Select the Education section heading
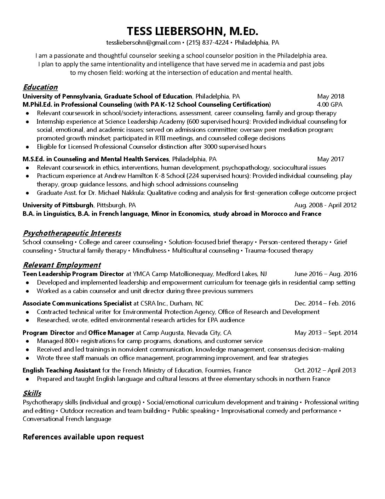(40, 87)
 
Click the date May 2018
(331, 96)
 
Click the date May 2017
(331, 159)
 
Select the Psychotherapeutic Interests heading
(72, 233)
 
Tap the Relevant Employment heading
(62, 265)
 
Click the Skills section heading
(32, 393)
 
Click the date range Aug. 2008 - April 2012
(325, 205)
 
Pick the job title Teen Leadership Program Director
(73, 274)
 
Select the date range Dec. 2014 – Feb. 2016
(325, 303)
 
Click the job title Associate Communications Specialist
(77, 303)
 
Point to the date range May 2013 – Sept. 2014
(326, 333)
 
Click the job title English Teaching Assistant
(62, 370)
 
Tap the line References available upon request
(83, 437)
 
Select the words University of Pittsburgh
(58, 205)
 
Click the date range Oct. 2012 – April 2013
(325, 370)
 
